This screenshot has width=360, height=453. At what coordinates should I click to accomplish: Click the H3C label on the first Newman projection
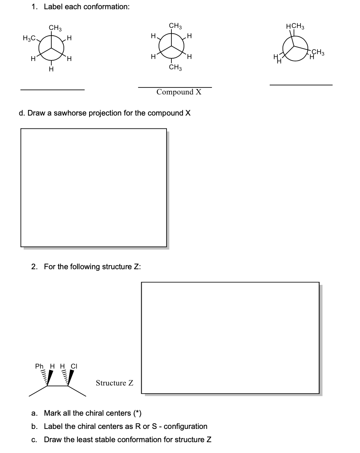pyautogui.click(x=29, y=39)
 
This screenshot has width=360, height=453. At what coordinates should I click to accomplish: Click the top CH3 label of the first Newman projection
pyautogui.click(x=55, y=28)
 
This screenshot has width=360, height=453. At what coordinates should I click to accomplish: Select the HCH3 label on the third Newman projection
pyautogui.click(x=295, y=27)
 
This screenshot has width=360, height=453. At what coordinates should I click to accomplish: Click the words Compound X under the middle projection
pyautogui.click(x=179, y=92)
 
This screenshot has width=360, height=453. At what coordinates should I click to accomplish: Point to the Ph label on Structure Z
pyautogui.click(x=40, y=366)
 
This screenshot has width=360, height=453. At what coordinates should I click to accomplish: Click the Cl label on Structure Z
pyautogui.click(x=74, y=366)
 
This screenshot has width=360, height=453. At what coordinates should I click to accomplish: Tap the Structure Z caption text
pyautogui.click(x=114, y=383)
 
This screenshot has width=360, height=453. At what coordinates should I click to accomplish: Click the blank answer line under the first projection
pyautogui.click(x=53, y=89)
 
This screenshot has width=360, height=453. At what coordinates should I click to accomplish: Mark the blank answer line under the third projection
pyautogui.click(x=301, y=85)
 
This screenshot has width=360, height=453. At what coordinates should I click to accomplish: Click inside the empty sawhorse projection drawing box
pyautogui.click(x=94, y=187)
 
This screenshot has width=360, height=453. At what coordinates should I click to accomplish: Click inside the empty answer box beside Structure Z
pyautogui.click(x=230, y=337)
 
